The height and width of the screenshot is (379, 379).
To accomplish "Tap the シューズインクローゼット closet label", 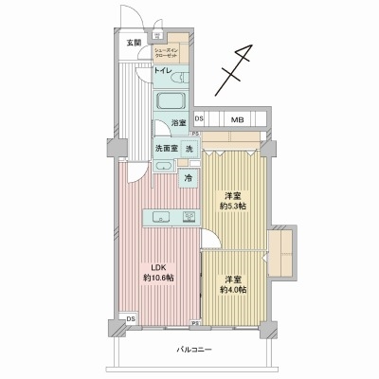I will (173, 53).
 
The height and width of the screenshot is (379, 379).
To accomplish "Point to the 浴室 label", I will (177, 123).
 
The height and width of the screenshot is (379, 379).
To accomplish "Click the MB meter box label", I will (238, 119).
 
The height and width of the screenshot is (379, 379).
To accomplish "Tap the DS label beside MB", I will (199, 119).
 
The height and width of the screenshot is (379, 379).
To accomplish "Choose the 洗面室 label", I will (166, 150).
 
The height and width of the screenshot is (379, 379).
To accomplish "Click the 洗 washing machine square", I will (189, 150).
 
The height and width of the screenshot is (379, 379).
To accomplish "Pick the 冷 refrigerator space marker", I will (189, 177).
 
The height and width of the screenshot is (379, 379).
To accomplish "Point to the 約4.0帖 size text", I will (235, 288).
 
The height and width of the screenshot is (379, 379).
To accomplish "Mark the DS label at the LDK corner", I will (131, 318).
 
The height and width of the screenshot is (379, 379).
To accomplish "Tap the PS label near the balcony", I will (195, 324).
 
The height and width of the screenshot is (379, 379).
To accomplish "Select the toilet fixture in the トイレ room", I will (177, 75).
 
